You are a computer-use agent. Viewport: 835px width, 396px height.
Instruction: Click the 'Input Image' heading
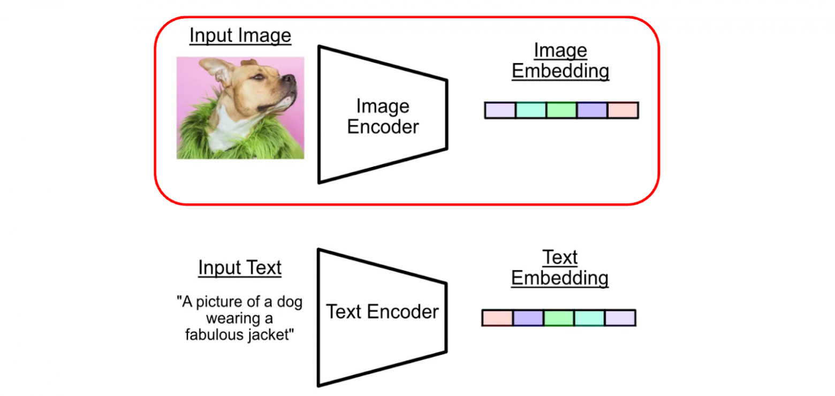coord(240,36)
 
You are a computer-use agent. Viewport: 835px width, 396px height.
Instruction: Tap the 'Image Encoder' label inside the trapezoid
coord(383,116)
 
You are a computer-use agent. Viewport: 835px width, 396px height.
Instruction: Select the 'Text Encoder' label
coord(382,311)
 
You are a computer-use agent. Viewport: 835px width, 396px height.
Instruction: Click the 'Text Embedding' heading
coord(560,268)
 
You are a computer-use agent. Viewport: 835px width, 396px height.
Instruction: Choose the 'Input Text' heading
coord(240,268)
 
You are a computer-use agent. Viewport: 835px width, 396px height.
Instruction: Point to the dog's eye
coord(259,77)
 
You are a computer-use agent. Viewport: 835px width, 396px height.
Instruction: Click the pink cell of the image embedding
coord(623,110)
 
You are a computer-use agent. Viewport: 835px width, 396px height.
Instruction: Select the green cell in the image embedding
coord(561,110)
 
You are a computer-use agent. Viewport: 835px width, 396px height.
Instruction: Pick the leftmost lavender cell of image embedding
coord(500,110)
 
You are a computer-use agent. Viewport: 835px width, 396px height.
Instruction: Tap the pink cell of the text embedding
coord(497,318)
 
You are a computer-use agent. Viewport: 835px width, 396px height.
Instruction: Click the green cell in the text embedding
coord(559,318)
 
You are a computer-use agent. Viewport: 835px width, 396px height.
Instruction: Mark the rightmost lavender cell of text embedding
coord(620,318)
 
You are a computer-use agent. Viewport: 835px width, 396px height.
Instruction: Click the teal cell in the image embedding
coord(530,110)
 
